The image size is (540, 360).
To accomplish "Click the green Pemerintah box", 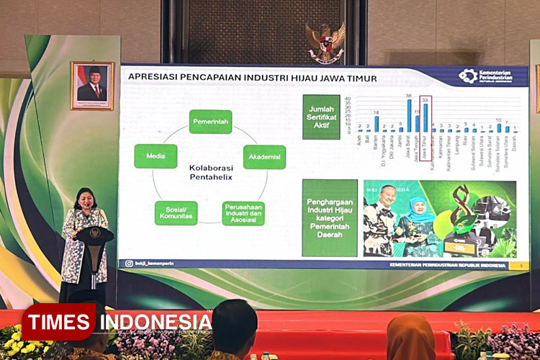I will point(210,122).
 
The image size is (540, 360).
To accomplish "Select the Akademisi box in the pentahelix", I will point(264,156).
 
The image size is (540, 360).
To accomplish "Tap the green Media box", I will point(156,156).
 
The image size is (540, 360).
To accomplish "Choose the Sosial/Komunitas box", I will point(175,212).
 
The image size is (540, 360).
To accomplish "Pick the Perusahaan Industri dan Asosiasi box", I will point(243,213).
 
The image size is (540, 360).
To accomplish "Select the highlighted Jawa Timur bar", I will point(426,117).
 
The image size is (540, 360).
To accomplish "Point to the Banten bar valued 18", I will point(376,124).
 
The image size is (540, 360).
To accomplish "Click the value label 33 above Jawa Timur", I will point(426,100).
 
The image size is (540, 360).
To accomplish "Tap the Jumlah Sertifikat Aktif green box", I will point(321,117).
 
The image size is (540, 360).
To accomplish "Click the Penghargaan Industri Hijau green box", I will point(330,217).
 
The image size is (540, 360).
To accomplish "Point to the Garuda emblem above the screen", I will point(325,41).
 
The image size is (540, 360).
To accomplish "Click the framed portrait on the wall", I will point(92,85).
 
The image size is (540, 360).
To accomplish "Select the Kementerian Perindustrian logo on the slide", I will point(486,76).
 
